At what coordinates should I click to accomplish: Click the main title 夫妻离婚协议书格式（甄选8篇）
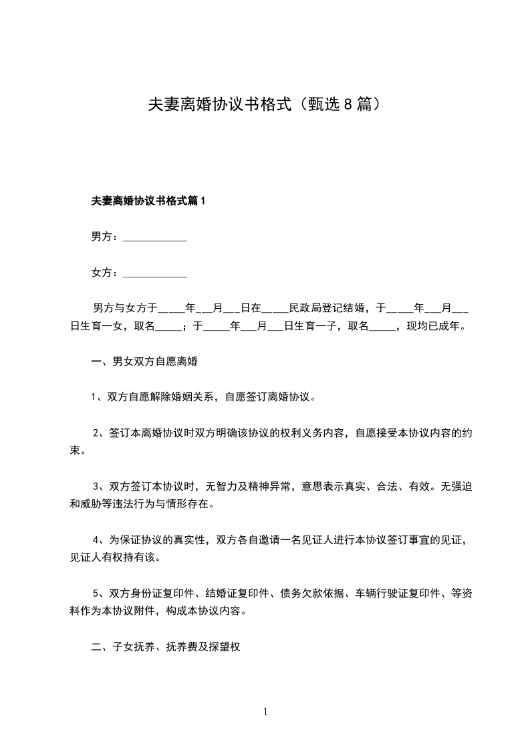(265, 105)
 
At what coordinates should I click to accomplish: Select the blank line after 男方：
(155, 238)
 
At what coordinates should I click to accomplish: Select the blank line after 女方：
(155, 274)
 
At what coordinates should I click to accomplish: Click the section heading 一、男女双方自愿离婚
(144, 362)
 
